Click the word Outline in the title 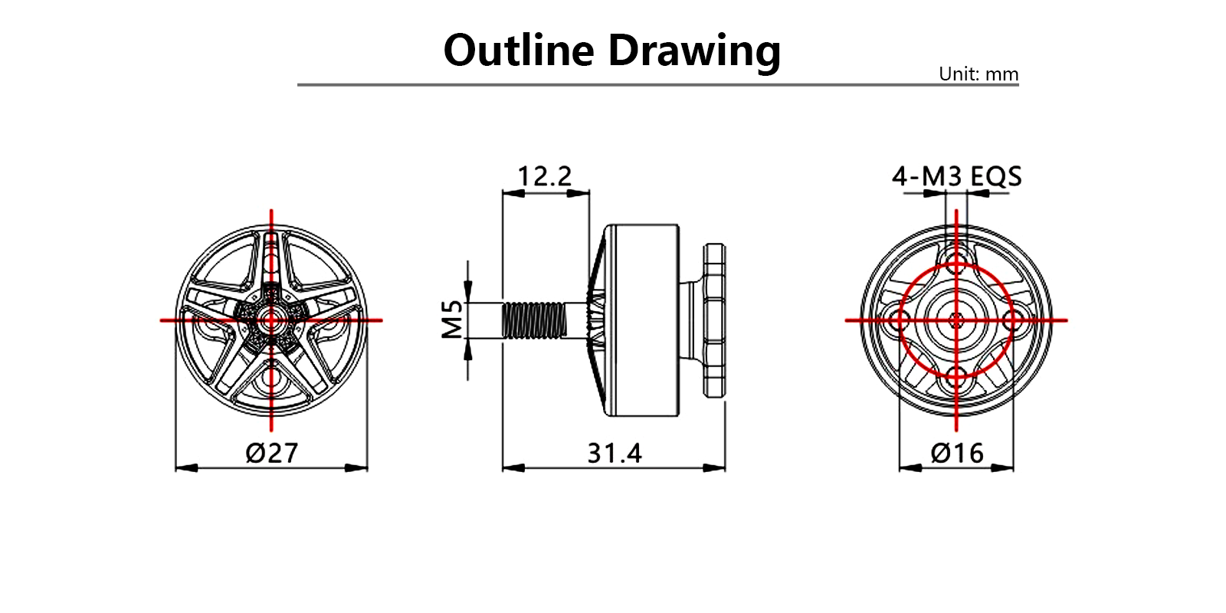[x=519, y=51]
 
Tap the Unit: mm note [x=979, y=74]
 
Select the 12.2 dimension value [x=544, y=176]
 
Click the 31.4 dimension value [x=614, y=453]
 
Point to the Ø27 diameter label [x=271, y=453]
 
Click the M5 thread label [x=453, y=320]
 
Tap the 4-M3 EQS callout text [x=956, y=177]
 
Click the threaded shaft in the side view [x=534, y=320]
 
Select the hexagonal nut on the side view [x=714, y=320]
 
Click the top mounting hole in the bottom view [x=957, y=255]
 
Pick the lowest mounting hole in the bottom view [x=956, y=378]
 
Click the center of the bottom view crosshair [x=956, y=320]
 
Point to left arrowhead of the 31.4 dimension [x=510, y=467]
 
